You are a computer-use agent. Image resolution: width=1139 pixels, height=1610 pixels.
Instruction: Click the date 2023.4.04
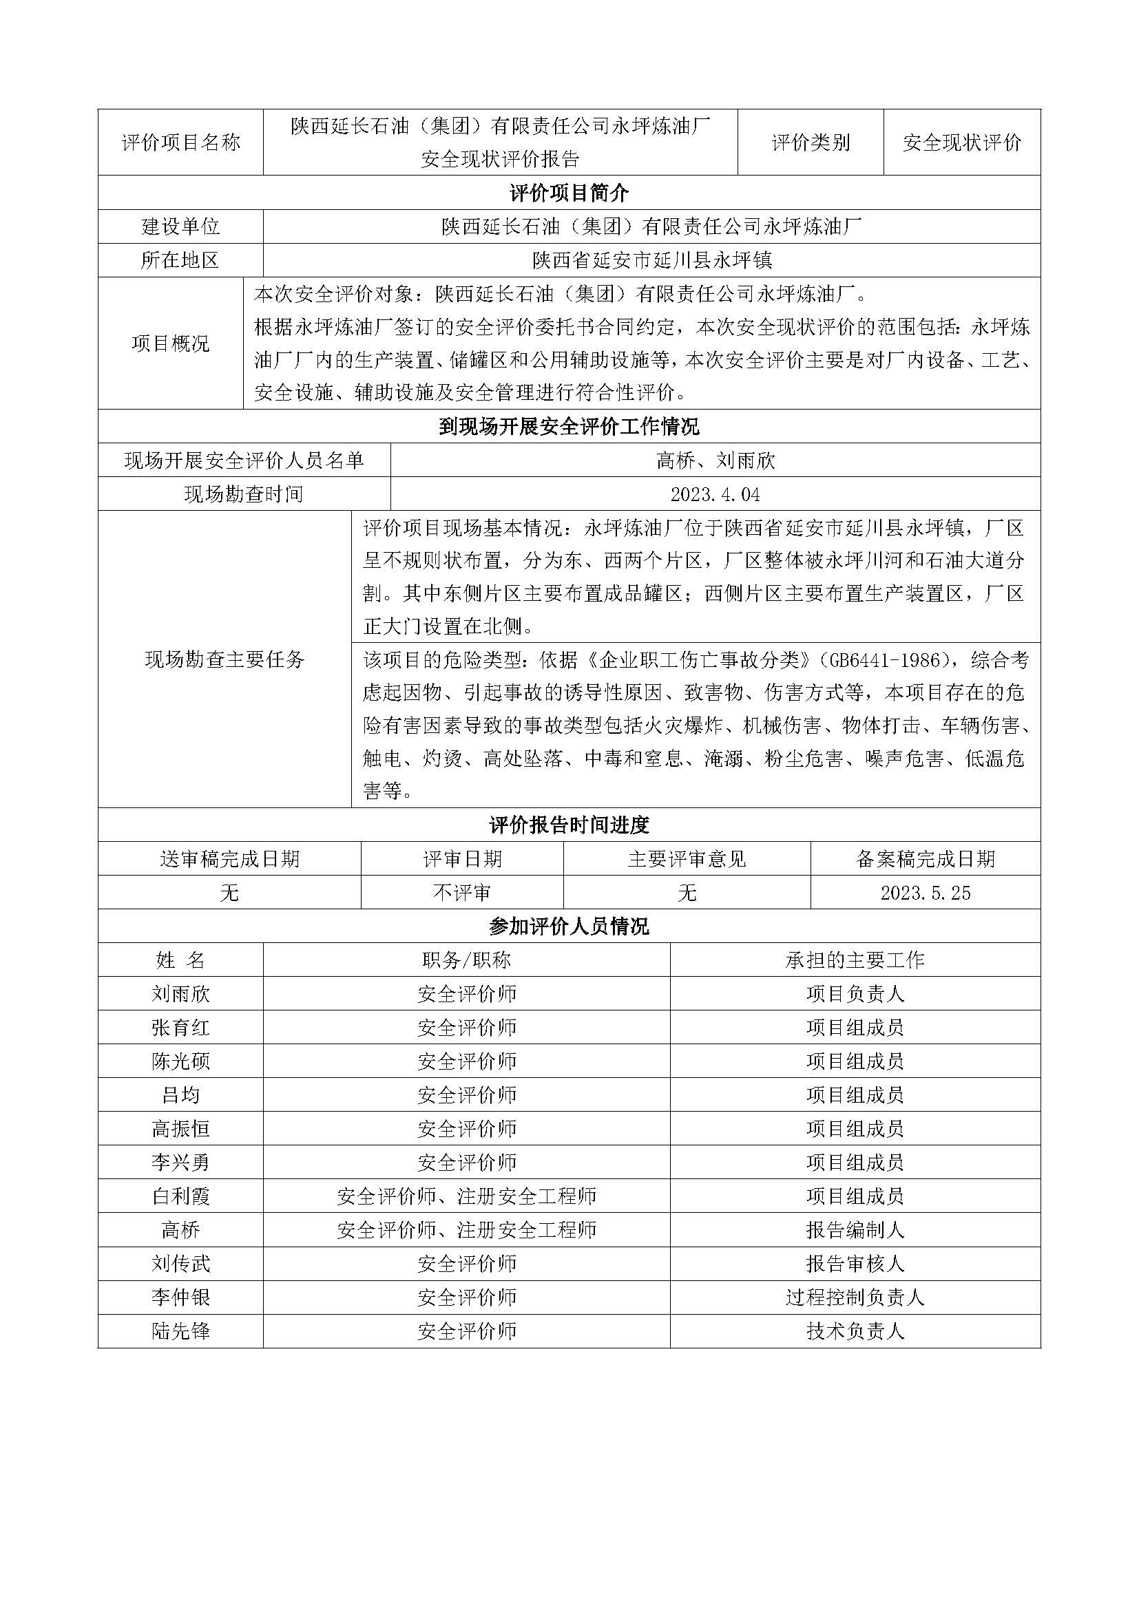[x=715, y=494]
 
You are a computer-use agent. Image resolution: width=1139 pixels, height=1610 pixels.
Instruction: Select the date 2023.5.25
[x=925, y=893]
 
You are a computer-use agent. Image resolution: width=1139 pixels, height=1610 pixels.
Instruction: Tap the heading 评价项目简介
[x=569, y=193]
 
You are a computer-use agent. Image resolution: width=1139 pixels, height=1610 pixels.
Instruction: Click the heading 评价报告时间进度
[x=569, y=825]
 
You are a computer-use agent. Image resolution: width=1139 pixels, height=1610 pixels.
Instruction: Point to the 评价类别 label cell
[x=810, y=142]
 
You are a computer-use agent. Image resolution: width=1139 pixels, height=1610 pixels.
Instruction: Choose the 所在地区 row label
[x=180, y=260]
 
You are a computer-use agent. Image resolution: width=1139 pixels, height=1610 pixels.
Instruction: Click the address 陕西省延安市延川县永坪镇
[x=651, y=260]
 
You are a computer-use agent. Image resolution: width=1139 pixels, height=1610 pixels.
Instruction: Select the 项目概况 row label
[x=170, y=343]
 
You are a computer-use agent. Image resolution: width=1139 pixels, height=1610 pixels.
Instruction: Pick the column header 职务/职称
[x=466, y=960]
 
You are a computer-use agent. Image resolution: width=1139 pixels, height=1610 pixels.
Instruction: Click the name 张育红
[x=180, y=1028]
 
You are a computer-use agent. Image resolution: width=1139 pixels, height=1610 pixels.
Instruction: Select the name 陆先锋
[x=180, y=1331]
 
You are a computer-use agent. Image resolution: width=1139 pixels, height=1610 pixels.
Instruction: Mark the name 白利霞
[x=180, y=1196]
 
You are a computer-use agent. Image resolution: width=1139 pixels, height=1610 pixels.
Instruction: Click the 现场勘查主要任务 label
[x=224, y=659]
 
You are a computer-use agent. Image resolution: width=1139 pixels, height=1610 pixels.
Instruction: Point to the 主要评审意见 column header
[x=687, y=859]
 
